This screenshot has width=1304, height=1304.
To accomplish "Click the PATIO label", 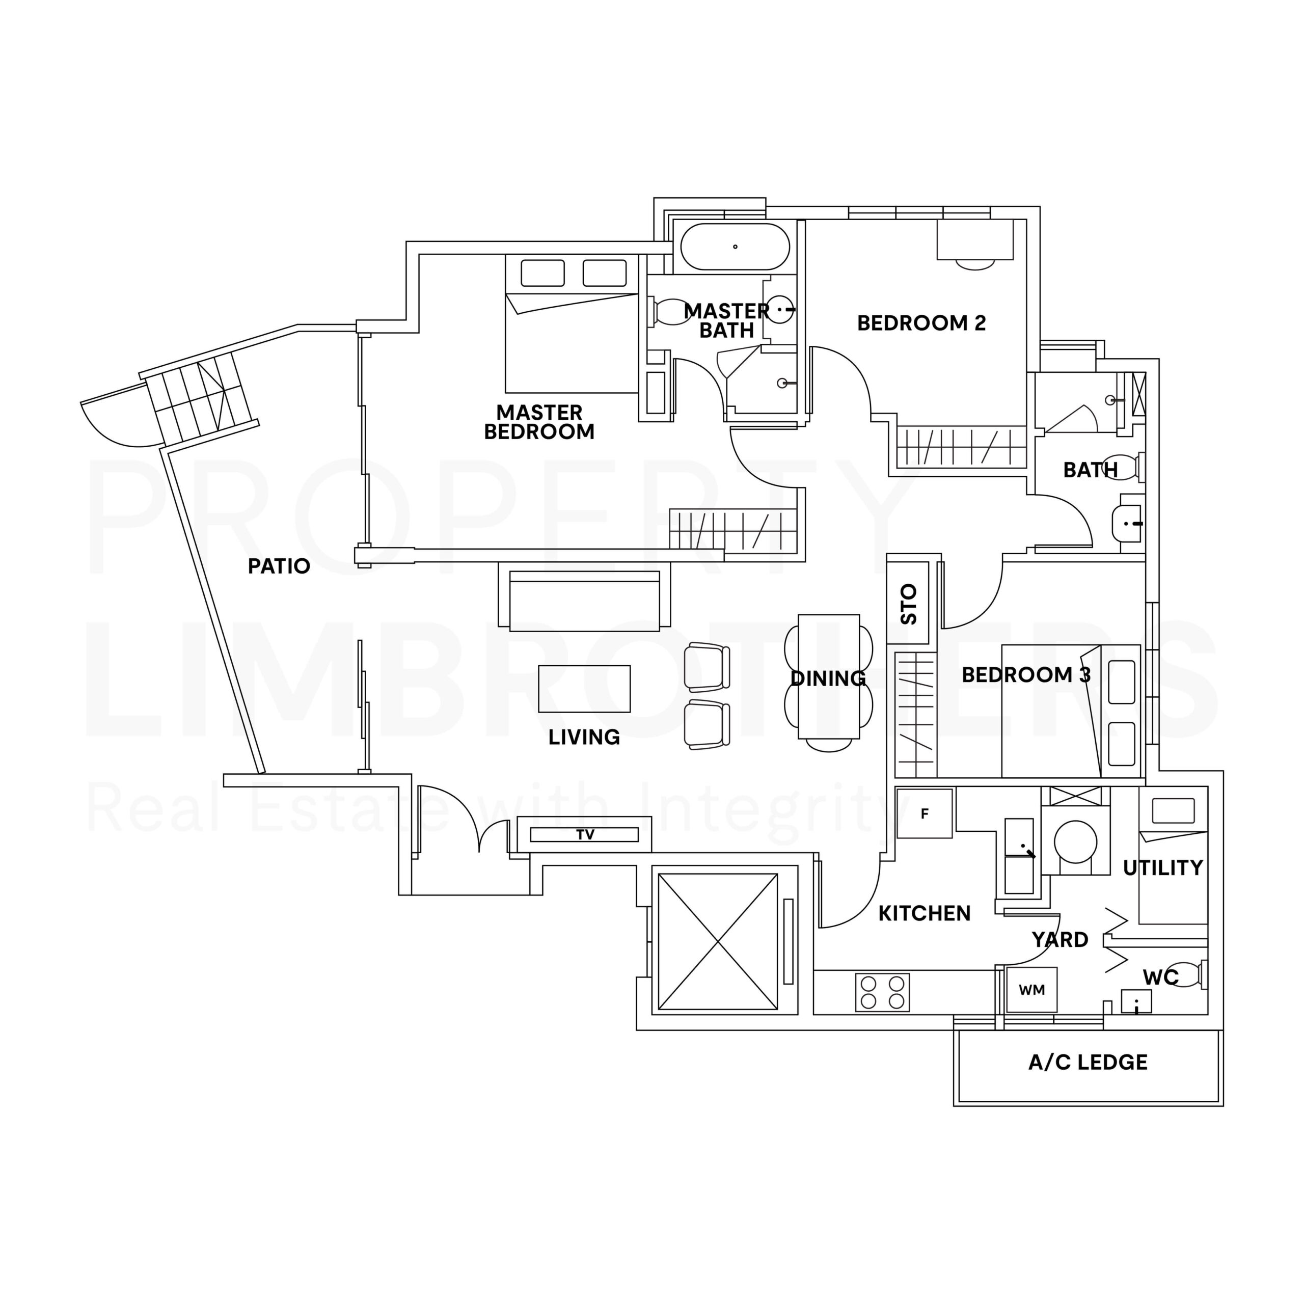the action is point(279,566).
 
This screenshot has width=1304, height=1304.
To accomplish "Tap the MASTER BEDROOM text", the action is point(539,422).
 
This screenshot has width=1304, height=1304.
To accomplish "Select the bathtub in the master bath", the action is point(735,247).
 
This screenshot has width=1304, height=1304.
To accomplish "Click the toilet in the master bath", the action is point(671,312).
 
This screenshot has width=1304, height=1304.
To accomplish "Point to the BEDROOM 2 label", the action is point(921,323).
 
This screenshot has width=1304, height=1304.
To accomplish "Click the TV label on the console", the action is point(585,835).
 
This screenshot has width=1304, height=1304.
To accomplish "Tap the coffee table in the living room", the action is point(584,689).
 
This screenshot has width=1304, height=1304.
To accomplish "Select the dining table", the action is point(829,677).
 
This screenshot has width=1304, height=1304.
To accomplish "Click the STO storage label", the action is point(909,604).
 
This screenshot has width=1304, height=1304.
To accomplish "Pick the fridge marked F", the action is point(925,814).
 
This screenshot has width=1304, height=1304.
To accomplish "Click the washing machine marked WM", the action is point(1031,990).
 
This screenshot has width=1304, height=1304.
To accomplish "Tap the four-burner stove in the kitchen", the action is point(882,992).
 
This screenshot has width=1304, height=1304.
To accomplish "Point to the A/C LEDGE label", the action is point(1088,1063).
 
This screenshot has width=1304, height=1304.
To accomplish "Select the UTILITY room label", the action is point(1163,868).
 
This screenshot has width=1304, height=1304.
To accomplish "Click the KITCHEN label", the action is point(925,914).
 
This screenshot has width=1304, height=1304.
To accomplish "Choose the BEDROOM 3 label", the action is point(1026,675).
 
